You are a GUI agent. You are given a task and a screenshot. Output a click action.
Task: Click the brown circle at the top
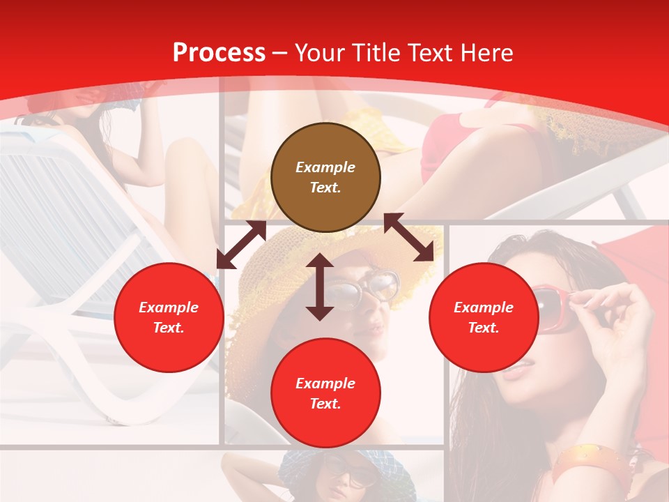(325, 178)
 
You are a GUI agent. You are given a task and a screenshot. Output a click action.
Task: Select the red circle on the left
(169, 317)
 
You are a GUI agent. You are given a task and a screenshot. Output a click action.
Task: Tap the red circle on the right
(484, 317)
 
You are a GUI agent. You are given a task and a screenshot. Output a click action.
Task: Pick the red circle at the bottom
(325, 393)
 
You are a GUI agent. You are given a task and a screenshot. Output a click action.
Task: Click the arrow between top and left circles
(241, 245)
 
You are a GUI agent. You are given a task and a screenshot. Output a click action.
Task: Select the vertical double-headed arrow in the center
(320, 287)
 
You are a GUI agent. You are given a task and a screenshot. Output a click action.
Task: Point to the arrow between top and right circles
(408, 237)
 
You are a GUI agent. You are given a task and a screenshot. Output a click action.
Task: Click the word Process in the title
(219, 53)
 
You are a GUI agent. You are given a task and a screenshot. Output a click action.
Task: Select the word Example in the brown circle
(325, 167)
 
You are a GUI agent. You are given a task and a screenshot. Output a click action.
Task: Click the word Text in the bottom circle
(324, 404)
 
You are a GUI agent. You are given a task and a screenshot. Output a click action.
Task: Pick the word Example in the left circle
(169, 307)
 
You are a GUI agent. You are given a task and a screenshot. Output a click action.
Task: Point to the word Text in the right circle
(482, 328)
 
